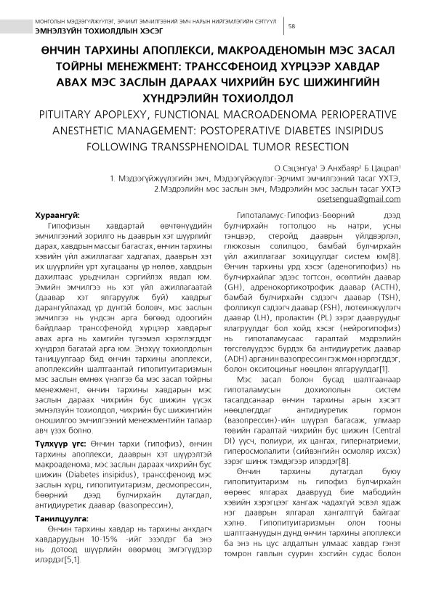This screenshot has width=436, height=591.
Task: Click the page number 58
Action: click(291, 26)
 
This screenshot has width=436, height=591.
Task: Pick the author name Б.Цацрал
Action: click(382, 168)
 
